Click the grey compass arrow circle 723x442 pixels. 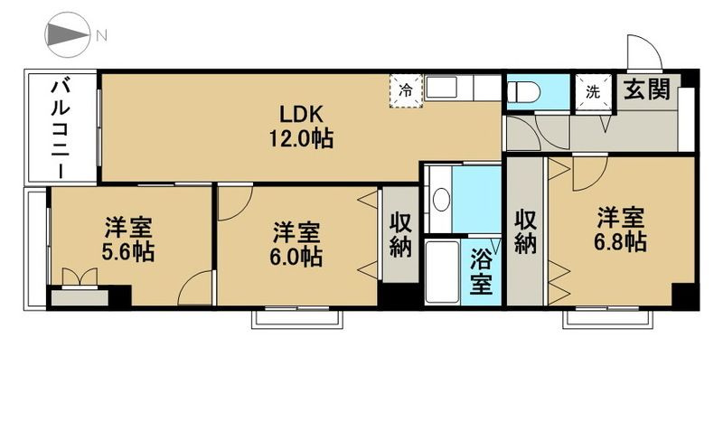click(66, 35)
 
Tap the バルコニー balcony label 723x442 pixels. click(61, 127)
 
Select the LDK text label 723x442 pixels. click(301, 114)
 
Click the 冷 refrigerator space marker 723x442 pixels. click(407, 90)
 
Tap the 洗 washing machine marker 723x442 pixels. click(593, 91)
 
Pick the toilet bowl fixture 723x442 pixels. click(523, 92)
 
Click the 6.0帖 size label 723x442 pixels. click(297, 257)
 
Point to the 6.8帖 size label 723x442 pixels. click(620, 242)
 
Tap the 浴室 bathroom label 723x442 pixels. click(481, 271)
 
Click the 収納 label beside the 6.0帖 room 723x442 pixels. click(400, 235)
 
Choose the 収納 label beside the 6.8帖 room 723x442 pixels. click(527, 230)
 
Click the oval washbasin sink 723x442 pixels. click(441, 200)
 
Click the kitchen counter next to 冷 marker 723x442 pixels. click(462, 89)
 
